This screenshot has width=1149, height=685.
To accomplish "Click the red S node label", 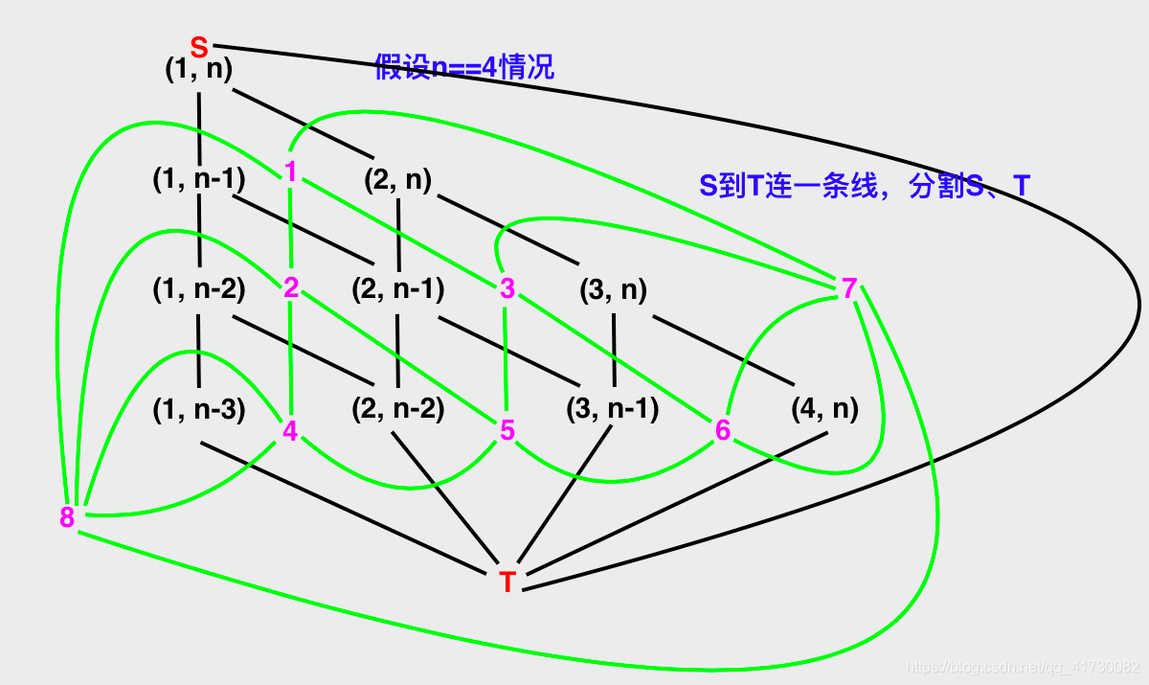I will click(199, 46).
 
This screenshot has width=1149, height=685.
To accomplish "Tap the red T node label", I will click(507, 582).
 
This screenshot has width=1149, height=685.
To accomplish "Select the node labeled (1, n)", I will click(199, 70).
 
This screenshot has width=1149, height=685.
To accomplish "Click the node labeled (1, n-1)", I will click(199, 179).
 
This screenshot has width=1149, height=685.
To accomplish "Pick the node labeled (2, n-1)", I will click(398, 288).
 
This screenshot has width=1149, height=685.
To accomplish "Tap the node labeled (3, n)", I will click(613, 289).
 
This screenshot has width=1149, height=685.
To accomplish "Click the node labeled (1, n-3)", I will click(199, 409).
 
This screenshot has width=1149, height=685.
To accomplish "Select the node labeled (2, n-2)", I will click(398, 409).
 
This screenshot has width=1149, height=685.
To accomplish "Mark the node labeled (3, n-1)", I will click(613, 409).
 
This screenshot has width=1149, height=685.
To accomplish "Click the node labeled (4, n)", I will click(824, 409).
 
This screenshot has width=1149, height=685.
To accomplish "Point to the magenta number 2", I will click(291, 287).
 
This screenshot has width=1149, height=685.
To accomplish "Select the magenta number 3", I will click(507, 287).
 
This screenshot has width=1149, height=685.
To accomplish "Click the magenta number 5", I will click(507, 431).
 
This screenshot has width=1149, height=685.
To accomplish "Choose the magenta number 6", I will click(723, 431).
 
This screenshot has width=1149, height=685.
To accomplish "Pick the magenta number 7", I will click(849, 287).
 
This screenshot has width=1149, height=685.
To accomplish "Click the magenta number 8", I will click(67, 518).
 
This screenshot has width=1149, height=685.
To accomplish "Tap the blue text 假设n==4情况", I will click(464, 69).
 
